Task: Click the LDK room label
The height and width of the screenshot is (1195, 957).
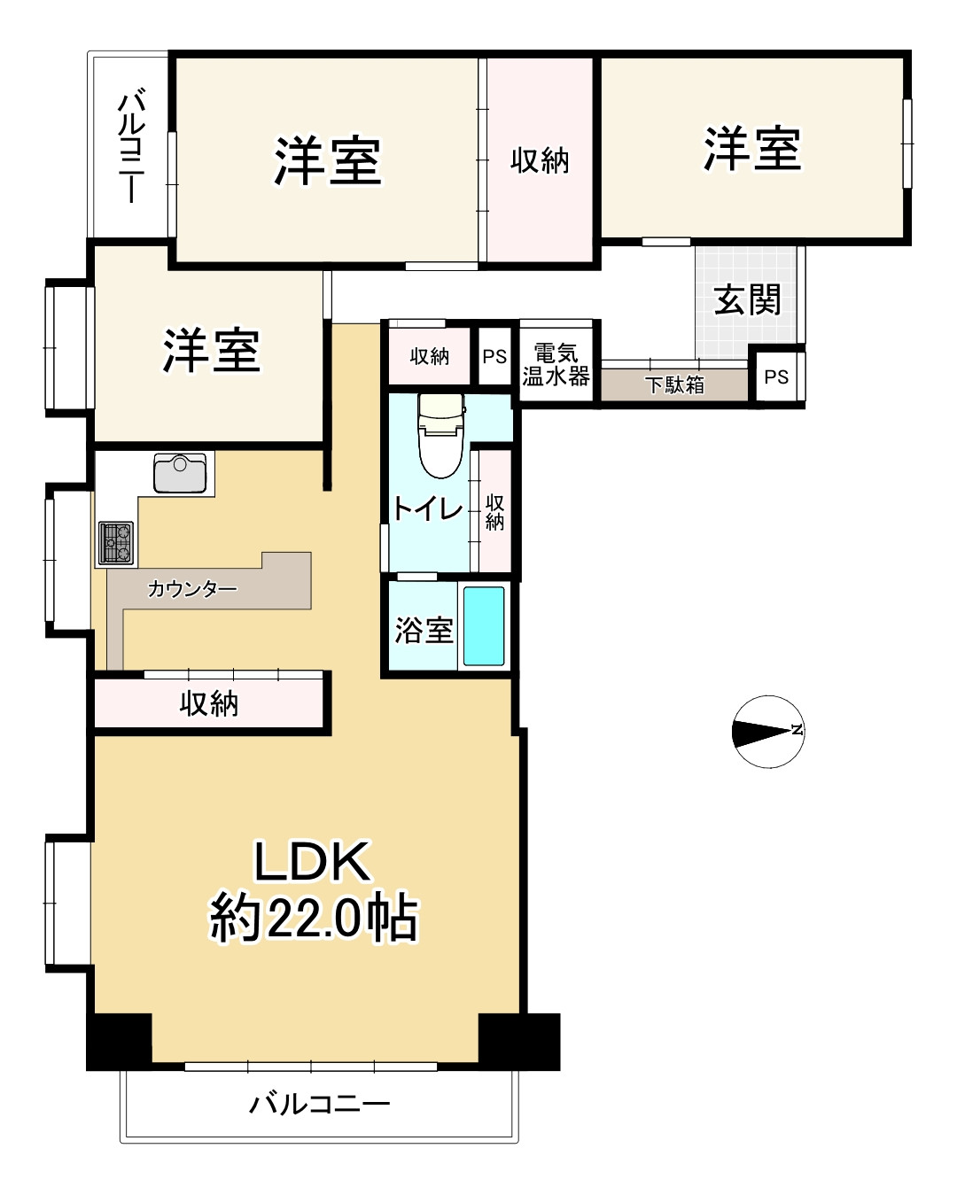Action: coord(312,861)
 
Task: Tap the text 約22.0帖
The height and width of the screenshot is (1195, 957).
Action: coord(313,918)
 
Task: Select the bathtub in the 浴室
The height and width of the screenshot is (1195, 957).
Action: coord(484,626)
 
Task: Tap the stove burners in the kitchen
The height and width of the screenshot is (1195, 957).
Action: coord(116,543)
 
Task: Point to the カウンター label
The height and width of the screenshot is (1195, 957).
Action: coord(191,589)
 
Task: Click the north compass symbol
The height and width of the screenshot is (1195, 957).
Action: coord(767,732)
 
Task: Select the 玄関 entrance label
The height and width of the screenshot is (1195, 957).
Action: coord(748,300)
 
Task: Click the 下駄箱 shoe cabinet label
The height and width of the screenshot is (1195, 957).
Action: coord(674,385)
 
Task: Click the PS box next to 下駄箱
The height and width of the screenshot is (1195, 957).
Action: coord(776,377)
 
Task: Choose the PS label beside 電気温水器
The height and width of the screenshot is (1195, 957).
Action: coord(494,357)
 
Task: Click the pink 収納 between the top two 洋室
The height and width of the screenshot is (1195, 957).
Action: coord(539,160)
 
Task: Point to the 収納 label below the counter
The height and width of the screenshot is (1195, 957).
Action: coord(209,703)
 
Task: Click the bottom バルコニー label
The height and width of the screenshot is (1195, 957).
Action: coord(319,1104)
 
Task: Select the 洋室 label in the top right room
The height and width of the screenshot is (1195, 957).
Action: coord(752,149)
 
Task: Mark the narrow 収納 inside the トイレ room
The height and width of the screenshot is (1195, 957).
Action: coord(494,512)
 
